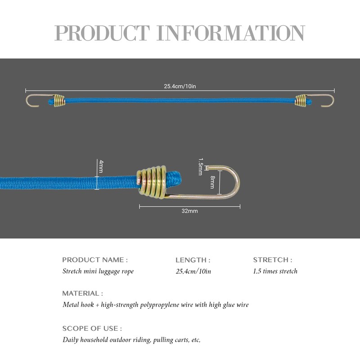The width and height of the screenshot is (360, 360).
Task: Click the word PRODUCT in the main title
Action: point(102,33)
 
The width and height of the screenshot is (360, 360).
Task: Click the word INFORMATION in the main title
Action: point(230,33)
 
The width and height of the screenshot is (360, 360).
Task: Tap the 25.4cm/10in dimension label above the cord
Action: point(180,86)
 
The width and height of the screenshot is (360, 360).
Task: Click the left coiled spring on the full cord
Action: point(59,100)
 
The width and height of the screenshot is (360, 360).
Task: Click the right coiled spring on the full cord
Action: point(301,100)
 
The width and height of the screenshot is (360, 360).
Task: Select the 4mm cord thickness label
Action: point(101,166)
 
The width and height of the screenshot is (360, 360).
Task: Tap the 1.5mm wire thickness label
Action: point(200,166)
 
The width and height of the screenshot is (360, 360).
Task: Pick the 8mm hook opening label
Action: point(212,182)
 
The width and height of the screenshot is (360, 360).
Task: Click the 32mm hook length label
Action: point(189,211)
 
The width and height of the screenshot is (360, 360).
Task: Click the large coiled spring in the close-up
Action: point(152,182)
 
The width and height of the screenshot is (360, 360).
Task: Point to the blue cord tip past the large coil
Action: point(175,178)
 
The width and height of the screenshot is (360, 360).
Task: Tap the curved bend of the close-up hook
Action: point(238,181)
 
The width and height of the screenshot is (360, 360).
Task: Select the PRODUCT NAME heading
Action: point(95,260)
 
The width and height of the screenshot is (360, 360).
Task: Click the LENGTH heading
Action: point(193,260)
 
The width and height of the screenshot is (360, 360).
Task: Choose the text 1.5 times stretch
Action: point(275,271)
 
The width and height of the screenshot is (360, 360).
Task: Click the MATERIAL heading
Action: point(82,293)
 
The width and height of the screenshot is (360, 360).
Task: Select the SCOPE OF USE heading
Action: point(92,328)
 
